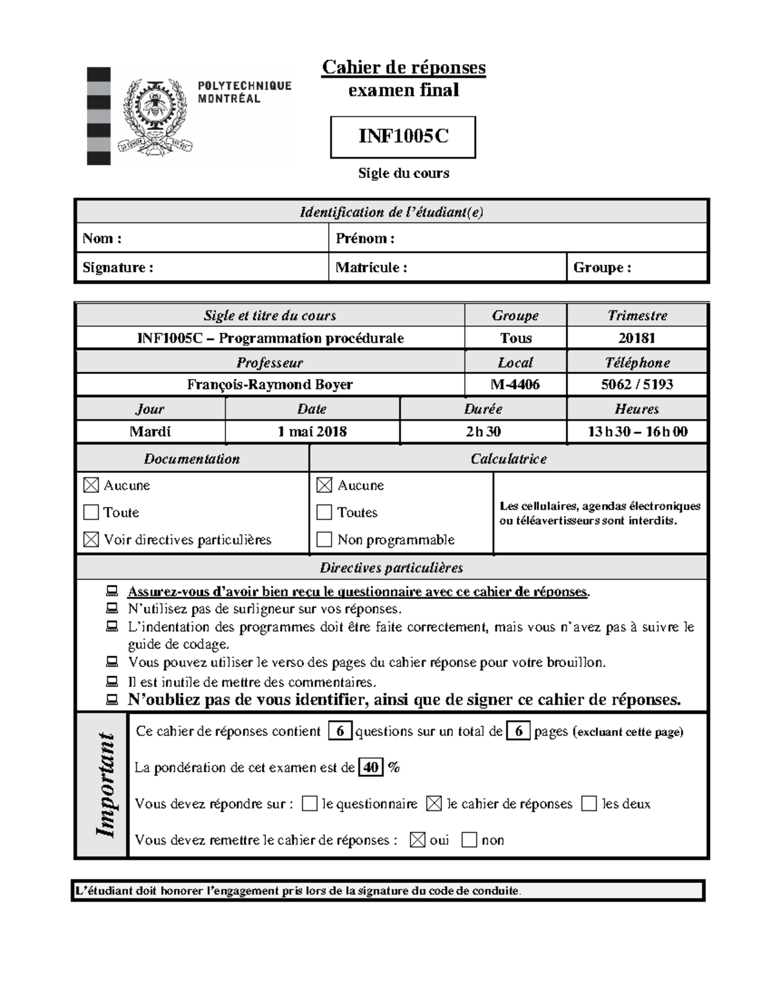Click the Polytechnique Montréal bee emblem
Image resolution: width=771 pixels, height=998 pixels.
[155, 116]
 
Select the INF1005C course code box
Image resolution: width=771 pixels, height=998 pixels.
[403, 137]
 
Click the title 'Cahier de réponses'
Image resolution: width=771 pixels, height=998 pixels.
[403, 67]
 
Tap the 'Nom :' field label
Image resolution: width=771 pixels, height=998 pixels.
[102, 238]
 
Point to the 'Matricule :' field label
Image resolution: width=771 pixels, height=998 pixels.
[371, 267]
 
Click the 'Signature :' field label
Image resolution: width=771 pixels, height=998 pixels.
[118, 267]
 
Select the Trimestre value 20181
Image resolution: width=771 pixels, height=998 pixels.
[637, 338]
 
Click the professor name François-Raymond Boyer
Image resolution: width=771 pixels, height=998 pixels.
[270, 384]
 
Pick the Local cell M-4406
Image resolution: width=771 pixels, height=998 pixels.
[515, 384]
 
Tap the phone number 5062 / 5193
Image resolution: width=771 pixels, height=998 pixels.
[637, 384]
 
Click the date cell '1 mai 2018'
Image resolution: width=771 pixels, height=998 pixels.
[312, 432]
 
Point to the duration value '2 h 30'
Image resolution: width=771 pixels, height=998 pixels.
[483, 432]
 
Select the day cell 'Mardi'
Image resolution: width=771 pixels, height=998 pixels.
[150, 432]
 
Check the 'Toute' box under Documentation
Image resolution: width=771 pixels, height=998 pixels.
[91, 512]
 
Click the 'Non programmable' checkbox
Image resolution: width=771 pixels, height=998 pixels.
[324, 539]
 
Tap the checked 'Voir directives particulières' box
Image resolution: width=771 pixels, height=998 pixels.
[91, 540]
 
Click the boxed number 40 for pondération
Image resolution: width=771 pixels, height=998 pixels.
[371, 767]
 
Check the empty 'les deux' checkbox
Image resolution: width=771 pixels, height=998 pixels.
[589, 803]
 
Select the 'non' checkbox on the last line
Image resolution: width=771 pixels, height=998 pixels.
[470, 840]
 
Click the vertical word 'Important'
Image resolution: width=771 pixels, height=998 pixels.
[104, 785]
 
